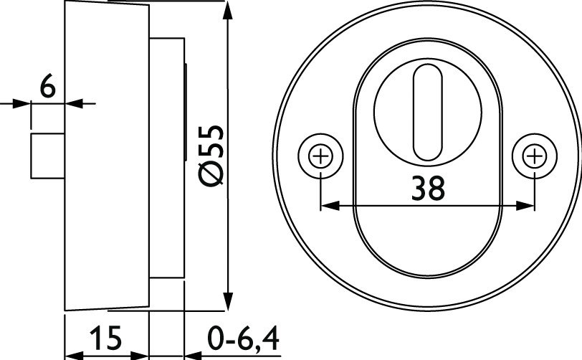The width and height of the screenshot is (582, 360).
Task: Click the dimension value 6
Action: [x=48, y=86]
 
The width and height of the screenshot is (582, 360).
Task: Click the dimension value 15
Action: [x=106, y=337]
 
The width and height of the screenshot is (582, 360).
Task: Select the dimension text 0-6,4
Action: [x=243, y=337]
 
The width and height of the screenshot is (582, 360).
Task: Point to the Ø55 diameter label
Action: [x=211, y=156]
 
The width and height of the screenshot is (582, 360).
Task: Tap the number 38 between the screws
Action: [x=428, y=189]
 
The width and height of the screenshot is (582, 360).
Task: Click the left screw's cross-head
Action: [x=320, y=156]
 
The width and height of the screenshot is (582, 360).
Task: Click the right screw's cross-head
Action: [x=535, y=156]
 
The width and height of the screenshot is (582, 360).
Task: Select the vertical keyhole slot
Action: [x=428, y=113]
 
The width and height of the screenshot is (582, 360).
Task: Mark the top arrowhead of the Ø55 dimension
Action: [x=228, y=11]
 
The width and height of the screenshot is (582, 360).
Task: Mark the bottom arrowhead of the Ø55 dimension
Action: [x=228, y=301]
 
